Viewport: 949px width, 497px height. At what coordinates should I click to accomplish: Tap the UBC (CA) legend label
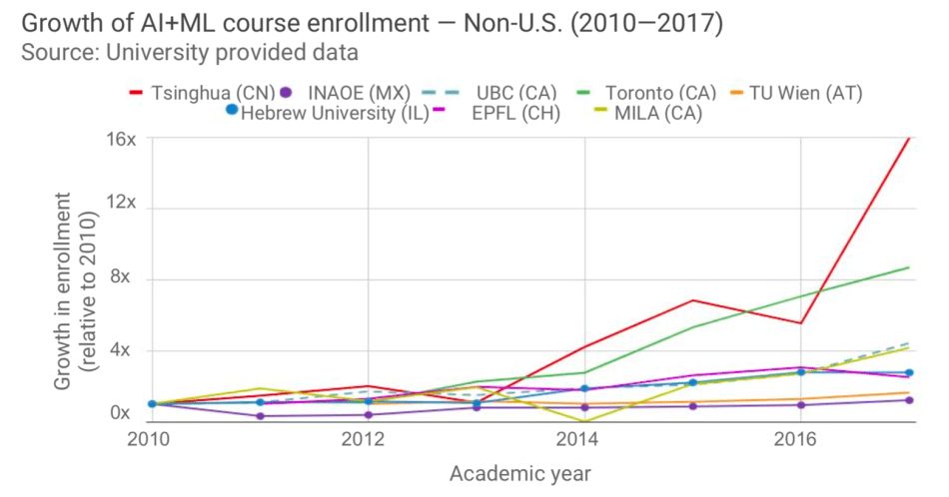(x=515, y=93)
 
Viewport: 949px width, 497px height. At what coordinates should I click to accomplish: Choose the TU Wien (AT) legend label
(x=809, y=93)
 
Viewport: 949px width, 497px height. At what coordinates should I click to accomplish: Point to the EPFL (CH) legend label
(x=515, y=113)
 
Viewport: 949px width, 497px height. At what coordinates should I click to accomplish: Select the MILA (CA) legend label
(x=658, y=113)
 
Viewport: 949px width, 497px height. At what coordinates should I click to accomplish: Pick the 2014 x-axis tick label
(x=582, y=438)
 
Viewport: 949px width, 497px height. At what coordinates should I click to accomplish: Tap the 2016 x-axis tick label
(x=796, y=438)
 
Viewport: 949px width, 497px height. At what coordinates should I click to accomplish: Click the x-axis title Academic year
(x=519, y=472)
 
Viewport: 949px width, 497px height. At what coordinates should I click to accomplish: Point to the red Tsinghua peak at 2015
(x=690, y=300)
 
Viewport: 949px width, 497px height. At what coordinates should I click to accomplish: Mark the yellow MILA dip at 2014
(x=583, y=421)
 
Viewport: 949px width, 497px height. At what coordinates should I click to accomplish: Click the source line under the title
(x=190, y=52)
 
